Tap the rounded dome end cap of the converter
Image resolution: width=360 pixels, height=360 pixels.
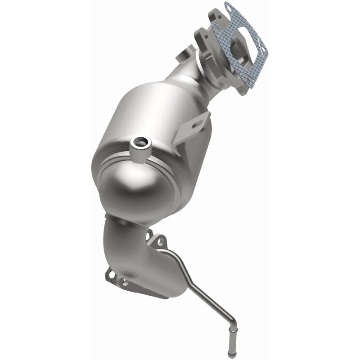pos(135,184)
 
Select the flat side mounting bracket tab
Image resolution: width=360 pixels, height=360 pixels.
pos(193,128)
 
